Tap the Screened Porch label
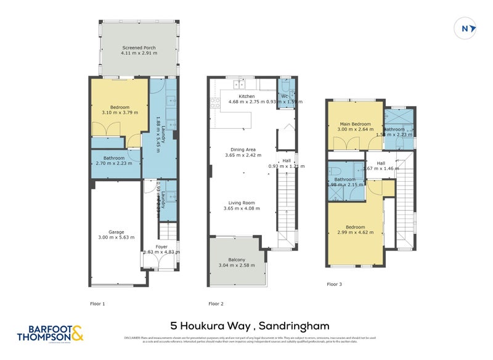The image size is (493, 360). (x=139, y=47)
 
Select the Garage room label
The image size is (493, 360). (x=116, y=232)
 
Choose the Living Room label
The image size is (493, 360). (x=242, y=202)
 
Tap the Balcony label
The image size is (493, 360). (x=237, y=260)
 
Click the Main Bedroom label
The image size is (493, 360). (x=355, y=125)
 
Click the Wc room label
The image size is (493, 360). (x=285, y=96)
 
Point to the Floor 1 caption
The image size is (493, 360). (x=97, y=303)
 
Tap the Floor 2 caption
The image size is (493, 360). (x=216, y=303)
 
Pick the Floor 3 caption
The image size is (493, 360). (x=333, y=284)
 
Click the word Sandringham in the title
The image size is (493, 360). (x=295, y=325)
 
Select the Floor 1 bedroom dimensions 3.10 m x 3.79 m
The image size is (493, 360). (x=120, y=112)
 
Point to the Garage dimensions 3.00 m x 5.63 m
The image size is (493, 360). (x=116, y=237)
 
